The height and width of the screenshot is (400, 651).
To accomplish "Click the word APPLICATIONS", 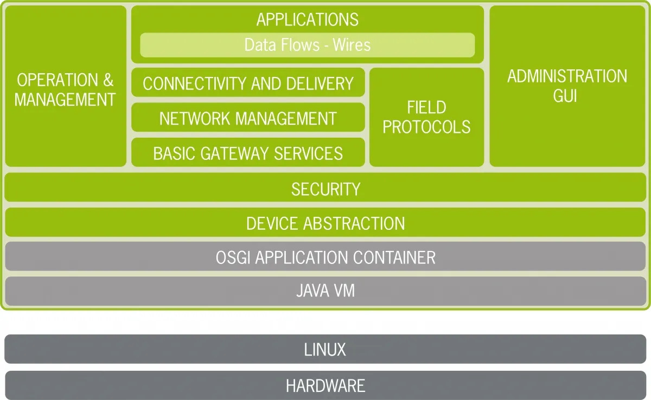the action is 307,20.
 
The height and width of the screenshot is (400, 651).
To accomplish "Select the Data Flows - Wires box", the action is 307,45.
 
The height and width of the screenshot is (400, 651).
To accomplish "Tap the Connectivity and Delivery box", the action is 248,82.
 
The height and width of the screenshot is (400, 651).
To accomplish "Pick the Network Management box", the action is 248,117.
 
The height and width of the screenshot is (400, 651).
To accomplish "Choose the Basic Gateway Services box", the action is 248,152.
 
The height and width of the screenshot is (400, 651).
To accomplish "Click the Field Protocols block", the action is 426,117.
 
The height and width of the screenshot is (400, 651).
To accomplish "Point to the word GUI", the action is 565,96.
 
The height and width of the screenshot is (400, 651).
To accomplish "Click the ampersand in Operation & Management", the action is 108,80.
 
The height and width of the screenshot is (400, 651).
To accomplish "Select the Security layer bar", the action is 325,187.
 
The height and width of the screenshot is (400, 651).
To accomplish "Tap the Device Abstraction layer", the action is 325,222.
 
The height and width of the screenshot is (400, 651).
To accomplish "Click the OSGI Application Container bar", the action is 325,256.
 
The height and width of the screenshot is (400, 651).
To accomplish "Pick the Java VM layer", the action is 325,291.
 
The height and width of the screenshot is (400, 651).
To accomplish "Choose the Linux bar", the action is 325,349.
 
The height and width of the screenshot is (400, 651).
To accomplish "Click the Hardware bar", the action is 325,385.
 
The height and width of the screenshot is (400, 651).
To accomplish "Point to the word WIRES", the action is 352,44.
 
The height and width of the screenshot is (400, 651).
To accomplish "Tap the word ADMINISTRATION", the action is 567,76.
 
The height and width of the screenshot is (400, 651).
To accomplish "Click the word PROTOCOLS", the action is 426,127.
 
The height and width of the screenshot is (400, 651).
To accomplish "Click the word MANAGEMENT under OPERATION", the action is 65,100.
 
